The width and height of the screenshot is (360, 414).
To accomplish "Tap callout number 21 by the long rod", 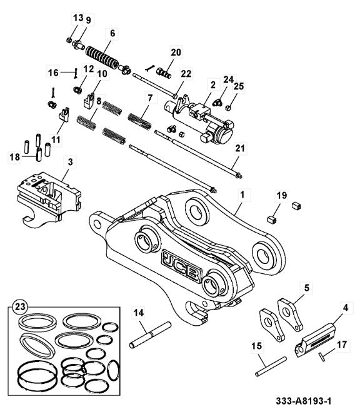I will tap(239, 148).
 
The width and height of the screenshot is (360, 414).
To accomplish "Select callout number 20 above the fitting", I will tap(176, 51).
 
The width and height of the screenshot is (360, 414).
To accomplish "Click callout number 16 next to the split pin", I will tap(54, 73).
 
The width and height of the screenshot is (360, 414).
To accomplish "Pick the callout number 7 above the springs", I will tap(149, 98).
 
